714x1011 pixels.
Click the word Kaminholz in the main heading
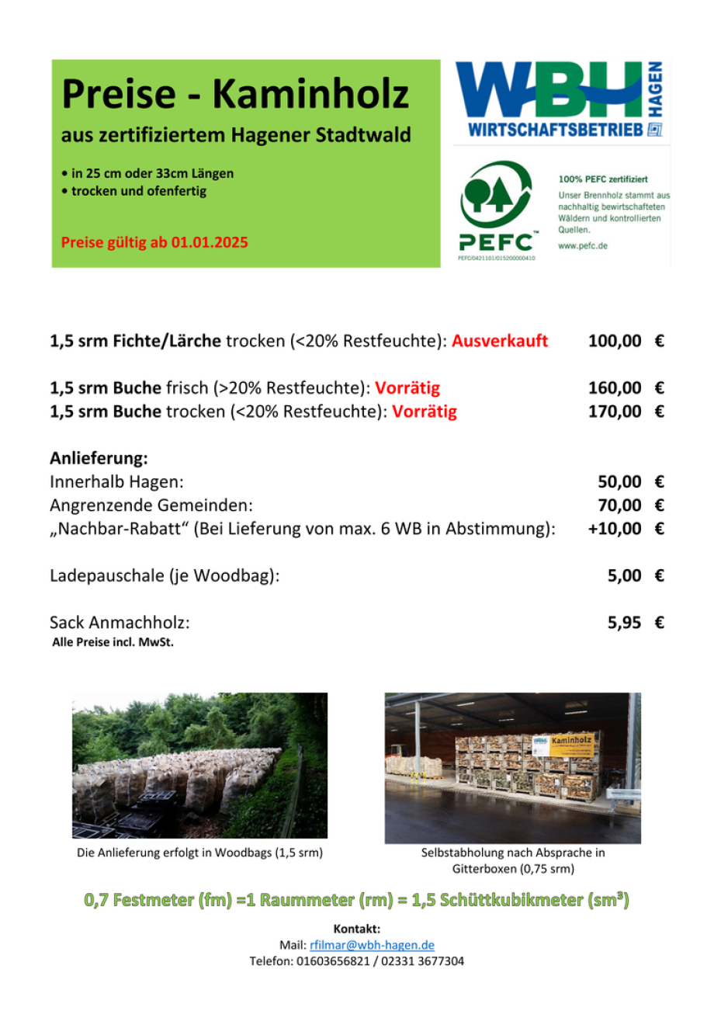click(x=310, y=95)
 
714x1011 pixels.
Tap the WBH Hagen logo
click(x=559, y=99)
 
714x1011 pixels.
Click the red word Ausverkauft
click(x=500, y=341)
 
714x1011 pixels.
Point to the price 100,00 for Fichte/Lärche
click(x=615, y=341)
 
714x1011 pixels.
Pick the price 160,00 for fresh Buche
click(x=615, y=387)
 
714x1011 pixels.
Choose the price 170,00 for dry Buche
click(x=615, y=411)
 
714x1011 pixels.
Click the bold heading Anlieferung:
click(x=99, y=458)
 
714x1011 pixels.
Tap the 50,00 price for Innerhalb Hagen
click(x=619, y=481)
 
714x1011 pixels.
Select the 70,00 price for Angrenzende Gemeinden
click(x=619, y=505)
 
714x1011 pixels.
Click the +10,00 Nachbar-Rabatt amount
click(x=615, y=529)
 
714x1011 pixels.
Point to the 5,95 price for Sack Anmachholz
click(x=624, y=622)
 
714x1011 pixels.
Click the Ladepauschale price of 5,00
click(x=624, y=575)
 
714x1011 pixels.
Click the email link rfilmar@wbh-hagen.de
click(x=372, y=945)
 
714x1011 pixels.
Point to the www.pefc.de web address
click(x=583, y=245)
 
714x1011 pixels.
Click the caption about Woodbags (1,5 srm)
click(x=199, y=853)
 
